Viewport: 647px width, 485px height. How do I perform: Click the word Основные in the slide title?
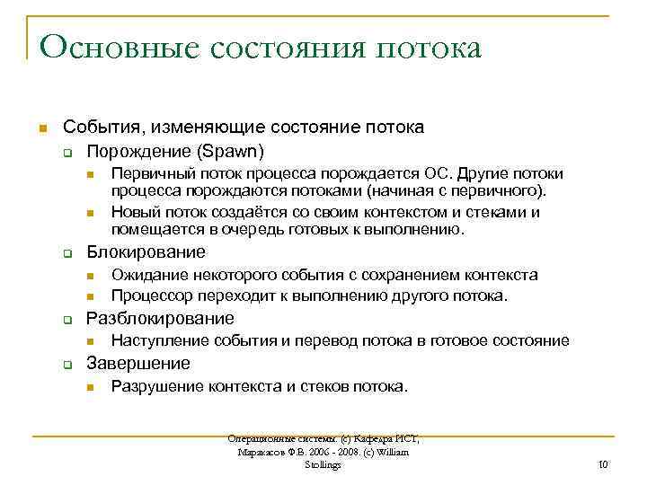(x=108, y=48)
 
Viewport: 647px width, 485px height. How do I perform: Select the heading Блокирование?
(x=146, y=252)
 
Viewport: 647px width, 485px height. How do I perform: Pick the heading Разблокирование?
(x=160, y=319)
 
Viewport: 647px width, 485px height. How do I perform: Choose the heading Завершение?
(x=137, y=364)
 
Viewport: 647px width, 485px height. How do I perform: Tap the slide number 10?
(x=603, y=464)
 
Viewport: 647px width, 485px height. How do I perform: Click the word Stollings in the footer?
(x=323, y=464)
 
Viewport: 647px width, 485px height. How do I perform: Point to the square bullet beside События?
(x=43, y=128)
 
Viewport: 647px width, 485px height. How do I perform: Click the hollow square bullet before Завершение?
(x=67, y=365)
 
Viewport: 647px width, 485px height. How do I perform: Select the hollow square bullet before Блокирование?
(x=67, y=253)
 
